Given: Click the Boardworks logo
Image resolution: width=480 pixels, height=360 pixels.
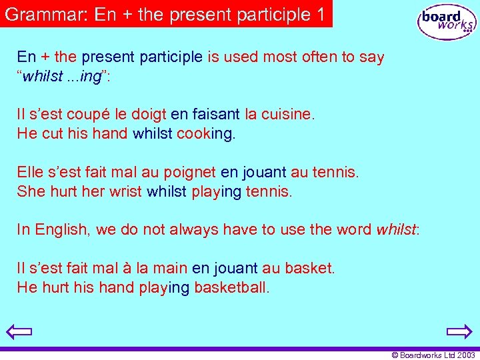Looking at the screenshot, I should click(447, 22).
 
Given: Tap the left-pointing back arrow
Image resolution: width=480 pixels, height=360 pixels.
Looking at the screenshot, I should click(21, 331).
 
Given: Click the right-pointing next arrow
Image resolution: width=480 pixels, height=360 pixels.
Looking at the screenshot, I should click(459, 331).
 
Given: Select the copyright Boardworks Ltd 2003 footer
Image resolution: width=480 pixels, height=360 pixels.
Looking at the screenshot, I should click(433, 355).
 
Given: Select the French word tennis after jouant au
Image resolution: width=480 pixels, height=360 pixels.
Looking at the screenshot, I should click(335, 173).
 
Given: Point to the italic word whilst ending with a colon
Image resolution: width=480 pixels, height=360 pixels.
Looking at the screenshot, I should click(397, 230).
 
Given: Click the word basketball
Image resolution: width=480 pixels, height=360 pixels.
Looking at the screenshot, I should click(231, 288).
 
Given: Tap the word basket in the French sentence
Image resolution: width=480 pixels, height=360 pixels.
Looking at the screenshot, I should click(309, 269).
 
